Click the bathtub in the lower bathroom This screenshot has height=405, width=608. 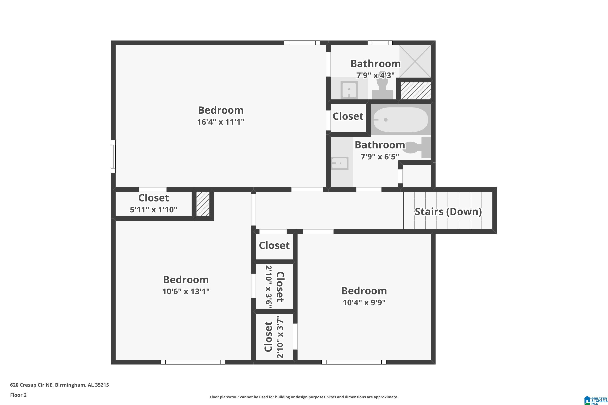coord(401,120)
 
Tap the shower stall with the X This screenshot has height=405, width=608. coord(415,62)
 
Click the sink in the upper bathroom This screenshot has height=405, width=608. coord(349,89)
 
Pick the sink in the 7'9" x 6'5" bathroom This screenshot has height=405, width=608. coord(340,163)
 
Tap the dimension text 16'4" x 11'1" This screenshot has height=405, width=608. coord(221,122)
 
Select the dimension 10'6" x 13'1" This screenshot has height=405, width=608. coord(186,291)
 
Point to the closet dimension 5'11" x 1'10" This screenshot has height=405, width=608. coord(154,209)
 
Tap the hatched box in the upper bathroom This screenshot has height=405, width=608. coord(416,91)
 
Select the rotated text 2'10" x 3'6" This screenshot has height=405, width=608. coord(269,287)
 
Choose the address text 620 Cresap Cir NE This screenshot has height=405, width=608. coord(32,385)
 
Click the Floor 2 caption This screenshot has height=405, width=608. coord(18,395)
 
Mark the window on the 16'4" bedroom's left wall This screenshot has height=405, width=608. coord(113,157)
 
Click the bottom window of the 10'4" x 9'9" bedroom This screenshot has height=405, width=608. coord(354,362)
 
